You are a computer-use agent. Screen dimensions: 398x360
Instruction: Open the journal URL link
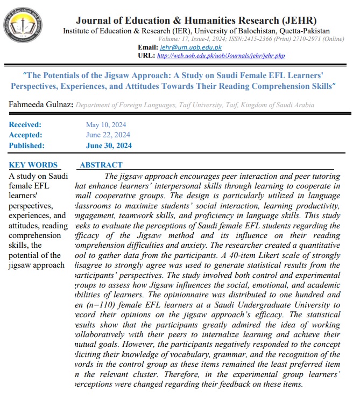coord(219,55)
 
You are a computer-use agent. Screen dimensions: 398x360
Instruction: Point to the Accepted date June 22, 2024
coord(108,135)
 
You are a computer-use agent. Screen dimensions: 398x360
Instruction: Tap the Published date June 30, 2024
coord(109,145)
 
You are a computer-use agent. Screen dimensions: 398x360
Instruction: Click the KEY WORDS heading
coord(33,165)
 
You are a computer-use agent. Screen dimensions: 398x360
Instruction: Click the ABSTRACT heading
coord(101,165)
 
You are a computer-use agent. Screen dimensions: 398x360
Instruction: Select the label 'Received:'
coord(25,125)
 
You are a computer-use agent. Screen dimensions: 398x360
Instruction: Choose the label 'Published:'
coord(27,145)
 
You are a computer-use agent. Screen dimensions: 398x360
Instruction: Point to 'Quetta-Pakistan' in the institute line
coord(303,31)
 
